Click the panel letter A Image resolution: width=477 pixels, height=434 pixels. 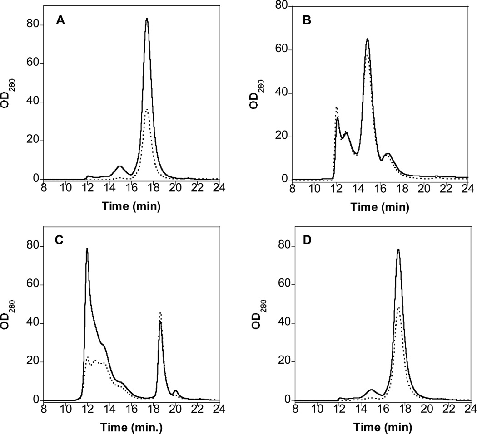click(59, 20)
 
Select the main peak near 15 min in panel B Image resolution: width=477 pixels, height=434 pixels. click(367, 39)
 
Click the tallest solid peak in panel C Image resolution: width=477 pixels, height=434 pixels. click(87, 249)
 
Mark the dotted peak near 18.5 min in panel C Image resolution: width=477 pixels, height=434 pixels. click(160, 312)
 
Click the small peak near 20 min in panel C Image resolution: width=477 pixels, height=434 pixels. click(175, 391)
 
